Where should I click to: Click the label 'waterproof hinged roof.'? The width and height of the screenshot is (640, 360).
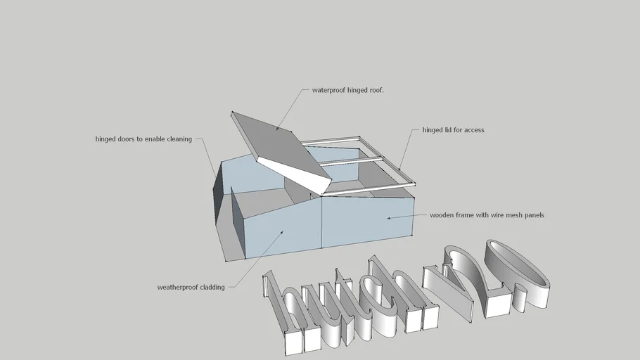[x=347, y=90]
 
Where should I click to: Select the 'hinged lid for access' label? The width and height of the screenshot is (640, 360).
[x=453, y=130]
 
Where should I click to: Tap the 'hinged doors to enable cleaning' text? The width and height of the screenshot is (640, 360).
[x=143, y=139]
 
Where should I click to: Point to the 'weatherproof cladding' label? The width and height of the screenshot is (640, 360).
[x=191, y=287]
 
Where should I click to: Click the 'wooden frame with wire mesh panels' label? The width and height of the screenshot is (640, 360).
[x=487, y=215]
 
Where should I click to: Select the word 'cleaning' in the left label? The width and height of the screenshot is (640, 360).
[x=179, y=139]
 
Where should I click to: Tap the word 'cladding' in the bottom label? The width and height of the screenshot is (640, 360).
[x=212, y=287]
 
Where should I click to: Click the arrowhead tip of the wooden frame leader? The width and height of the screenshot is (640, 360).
[x=388, y=218]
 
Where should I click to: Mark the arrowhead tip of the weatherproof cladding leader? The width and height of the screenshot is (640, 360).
[x=283, y=230]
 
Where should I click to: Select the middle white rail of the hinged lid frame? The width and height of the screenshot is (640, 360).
[x=352, y=162]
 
